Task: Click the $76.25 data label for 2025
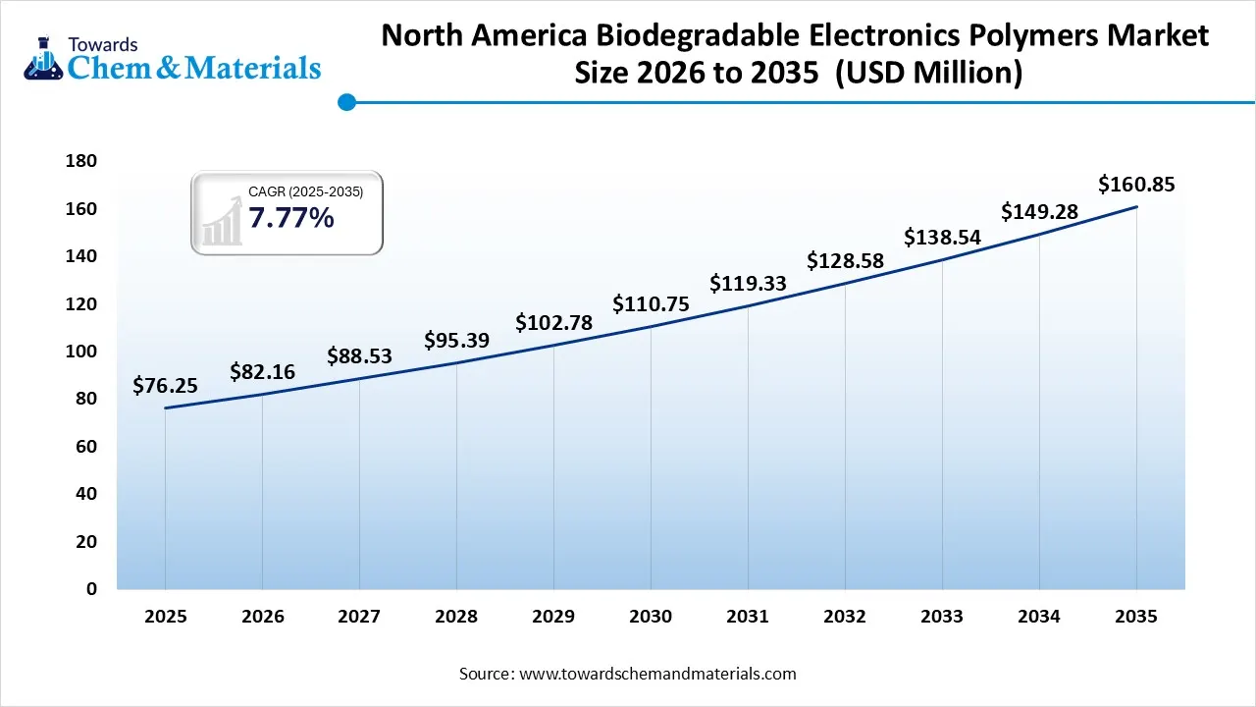165,386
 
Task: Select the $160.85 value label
1136,185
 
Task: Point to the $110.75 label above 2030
651,304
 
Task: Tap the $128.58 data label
845,261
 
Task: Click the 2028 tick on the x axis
456,617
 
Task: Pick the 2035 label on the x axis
1136,617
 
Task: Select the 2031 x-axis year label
748,617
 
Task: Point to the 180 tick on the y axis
81,161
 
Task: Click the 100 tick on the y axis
81,352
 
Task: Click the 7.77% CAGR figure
290,218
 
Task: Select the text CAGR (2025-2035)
305,192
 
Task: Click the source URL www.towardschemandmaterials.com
656,674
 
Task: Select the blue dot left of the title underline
345,101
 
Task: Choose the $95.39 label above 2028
456,341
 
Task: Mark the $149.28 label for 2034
1039,212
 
